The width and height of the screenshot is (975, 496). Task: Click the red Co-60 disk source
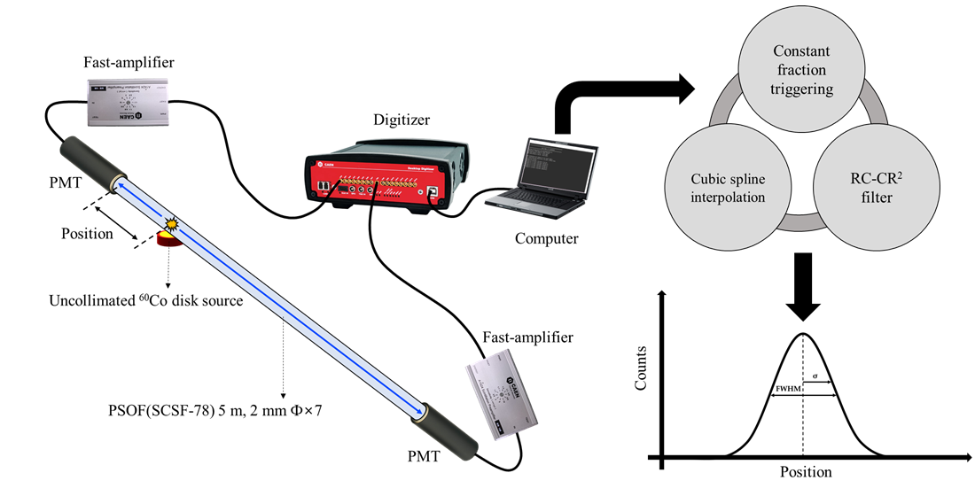168,239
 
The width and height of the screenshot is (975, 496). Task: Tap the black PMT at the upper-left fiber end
87,160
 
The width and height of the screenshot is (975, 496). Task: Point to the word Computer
548,238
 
